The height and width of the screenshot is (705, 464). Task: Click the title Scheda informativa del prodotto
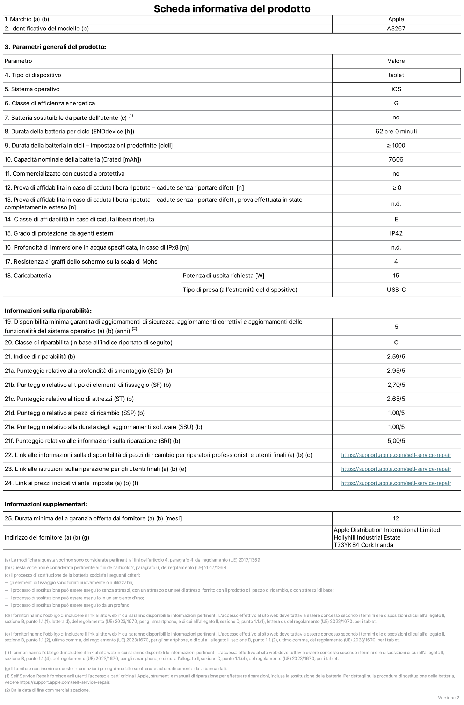pos(232,8)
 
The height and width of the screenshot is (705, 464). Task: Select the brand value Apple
pos(396,20)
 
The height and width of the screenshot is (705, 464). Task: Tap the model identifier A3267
pos(396,29)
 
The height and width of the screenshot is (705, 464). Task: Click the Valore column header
pos(396,61)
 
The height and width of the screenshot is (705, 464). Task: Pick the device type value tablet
pos(396,75)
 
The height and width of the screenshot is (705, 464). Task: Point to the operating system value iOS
pos(396,89)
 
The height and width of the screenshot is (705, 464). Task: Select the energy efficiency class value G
pos(396,103)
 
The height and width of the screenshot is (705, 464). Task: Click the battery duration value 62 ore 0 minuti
pos(396,132)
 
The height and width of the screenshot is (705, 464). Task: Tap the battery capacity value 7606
pos(396,159)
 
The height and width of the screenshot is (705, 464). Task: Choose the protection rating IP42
pos(396,233)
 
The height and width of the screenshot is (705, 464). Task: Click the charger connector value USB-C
pos(396,290)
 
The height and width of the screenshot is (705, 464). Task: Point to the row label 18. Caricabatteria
pos(28,276)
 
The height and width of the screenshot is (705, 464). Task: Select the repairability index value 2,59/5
pos(396,357)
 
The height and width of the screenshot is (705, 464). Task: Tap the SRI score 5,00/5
pos(396,441)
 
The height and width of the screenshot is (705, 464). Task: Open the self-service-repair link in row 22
pos(396,455)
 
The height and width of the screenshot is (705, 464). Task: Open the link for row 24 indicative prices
pos(396,483)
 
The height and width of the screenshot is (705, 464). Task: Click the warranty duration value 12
pos(396,519)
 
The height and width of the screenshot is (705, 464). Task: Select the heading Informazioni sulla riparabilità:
pos(48,311)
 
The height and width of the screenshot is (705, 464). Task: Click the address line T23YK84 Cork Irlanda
pos(363,545)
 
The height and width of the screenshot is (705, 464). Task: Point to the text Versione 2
pos(448,698)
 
